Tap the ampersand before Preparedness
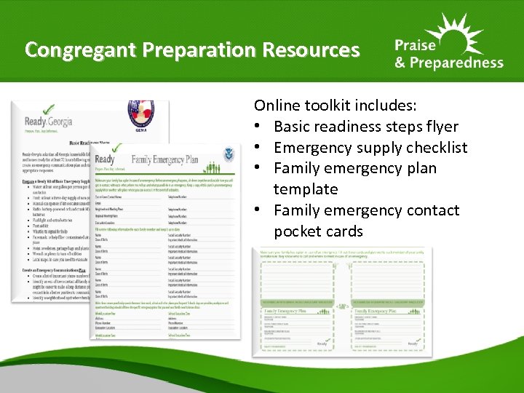click(400, 63)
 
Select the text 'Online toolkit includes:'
click(336, 106)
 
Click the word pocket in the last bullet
click(298, 231)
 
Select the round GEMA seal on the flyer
click(143, 116)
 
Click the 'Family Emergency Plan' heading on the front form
click(176, 160)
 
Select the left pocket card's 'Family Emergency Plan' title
click(290, 311)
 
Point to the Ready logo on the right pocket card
click(412, 342)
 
